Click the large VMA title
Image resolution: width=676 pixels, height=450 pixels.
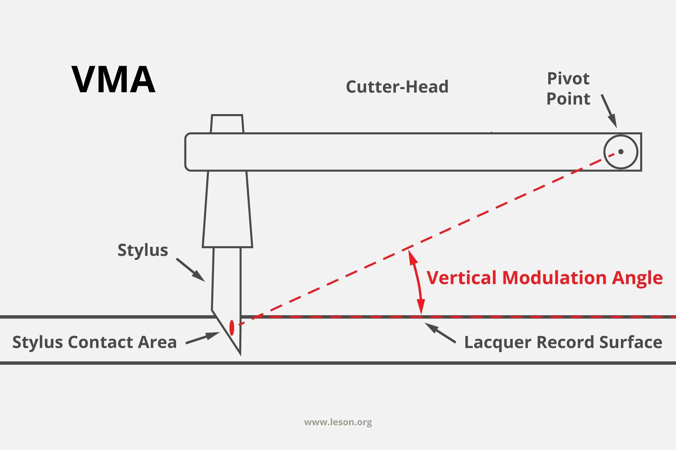113,80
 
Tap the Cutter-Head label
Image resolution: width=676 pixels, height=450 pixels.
397,87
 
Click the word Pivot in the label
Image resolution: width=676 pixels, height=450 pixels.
568,78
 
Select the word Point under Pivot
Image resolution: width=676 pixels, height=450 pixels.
568,99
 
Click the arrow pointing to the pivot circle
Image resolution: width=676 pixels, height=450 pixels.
609,110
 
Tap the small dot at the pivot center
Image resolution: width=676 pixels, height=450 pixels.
621,152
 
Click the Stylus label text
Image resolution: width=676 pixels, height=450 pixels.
143,250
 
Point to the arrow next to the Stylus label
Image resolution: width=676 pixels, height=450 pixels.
190,270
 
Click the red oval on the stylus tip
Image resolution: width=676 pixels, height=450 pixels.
232,328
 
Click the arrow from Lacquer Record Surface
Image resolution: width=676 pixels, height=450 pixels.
440,333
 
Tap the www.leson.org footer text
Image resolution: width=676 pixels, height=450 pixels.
338,422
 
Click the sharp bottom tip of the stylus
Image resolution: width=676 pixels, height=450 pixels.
240,353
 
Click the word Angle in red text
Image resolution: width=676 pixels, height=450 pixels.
637,278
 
